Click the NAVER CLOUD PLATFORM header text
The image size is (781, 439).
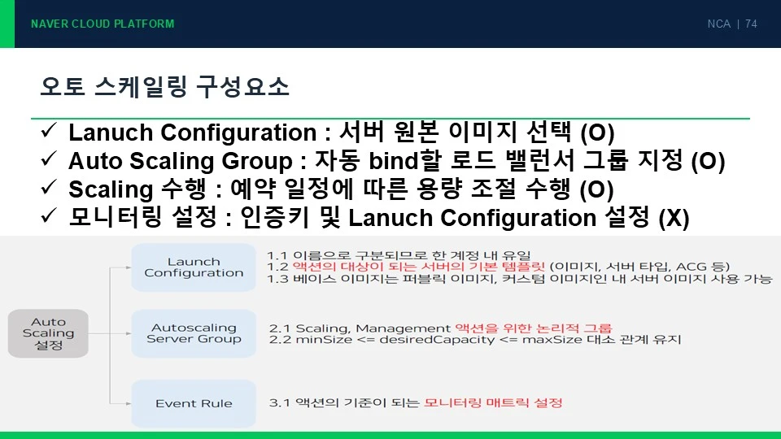pos(103,24)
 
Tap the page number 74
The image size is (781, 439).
pos(751,24)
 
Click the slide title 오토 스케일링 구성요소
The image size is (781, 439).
pos(164,87)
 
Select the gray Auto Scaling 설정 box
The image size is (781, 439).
pos(48,333)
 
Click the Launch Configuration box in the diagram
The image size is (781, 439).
pos(194,267)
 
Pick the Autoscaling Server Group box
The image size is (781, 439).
pos(194,333)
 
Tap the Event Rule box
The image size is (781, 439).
pos(194,403)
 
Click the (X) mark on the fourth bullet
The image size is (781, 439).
pos(674,218)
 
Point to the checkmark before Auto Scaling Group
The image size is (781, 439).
pos(49,159)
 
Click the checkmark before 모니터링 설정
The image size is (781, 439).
pos(49,215)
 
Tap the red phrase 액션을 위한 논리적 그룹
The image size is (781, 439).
pos(534,328)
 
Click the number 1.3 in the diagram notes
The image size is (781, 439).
pos(277,279)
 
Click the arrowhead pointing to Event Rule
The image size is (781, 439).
pos(129,403)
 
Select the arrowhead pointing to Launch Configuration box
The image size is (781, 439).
pos(129,267)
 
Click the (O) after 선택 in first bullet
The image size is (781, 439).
pos(598,133)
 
